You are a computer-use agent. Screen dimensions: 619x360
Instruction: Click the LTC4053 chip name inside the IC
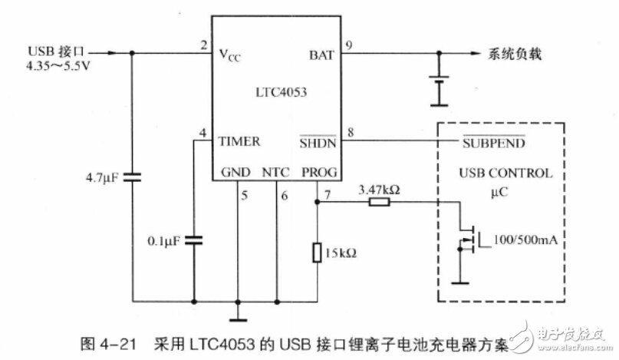click(x=281, y=92)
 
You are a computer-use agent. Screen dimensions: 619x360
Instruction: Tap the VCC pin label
click(x=229, y=55)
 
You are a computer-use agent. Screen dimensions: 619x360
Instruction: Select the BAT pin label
click(x=321, y=55)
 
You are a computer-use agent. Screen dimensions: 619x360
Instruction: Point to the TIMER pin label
click(x=239, y=141)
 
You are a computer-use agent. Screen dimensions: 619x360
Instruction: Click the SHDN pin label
click(x=318, y=142)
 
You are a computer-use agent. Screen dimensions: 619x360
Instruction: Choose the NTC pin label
click(x=275, y=172)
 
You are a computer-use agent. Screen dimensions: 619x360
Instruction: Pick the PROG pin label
click(x=319, y=172)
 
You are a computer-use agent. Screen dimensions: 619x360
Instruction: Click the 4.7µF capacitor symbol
click(x=132, y=177)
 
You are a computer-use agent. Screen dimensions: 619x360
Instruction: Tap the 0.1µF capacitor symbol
click(x=194, y=239)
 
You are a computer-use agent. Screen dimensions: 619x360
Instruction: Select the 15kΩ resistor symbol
click(x=317, y=253)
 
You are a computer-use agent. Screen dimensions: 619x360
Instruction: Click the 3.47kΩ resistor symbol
click(x=380, y=203)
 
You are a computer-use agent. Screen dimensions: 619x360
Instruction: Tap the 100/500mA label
click(x=525, y=239)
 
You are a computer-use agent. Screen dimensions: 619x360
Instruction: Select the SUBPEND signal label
click(x=493, y=142)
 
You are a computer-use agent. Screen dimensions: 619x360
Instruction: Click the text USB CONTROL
click(x=505, y=173)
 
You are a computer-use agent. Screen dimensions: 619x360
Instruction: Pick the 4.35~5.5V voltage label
click(x=58, y=65)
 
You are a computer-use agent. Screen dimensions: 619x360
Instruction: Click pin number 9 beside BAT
click(x=349, y=45)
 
